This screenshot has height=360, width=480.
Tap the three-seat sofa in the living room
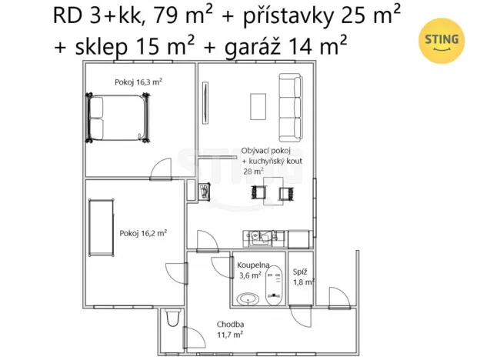[290, 106]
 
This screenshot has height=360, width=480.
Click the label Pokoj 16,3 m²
[138, 81]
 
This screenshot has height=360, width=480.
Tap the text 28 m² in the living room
[253, 172]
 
